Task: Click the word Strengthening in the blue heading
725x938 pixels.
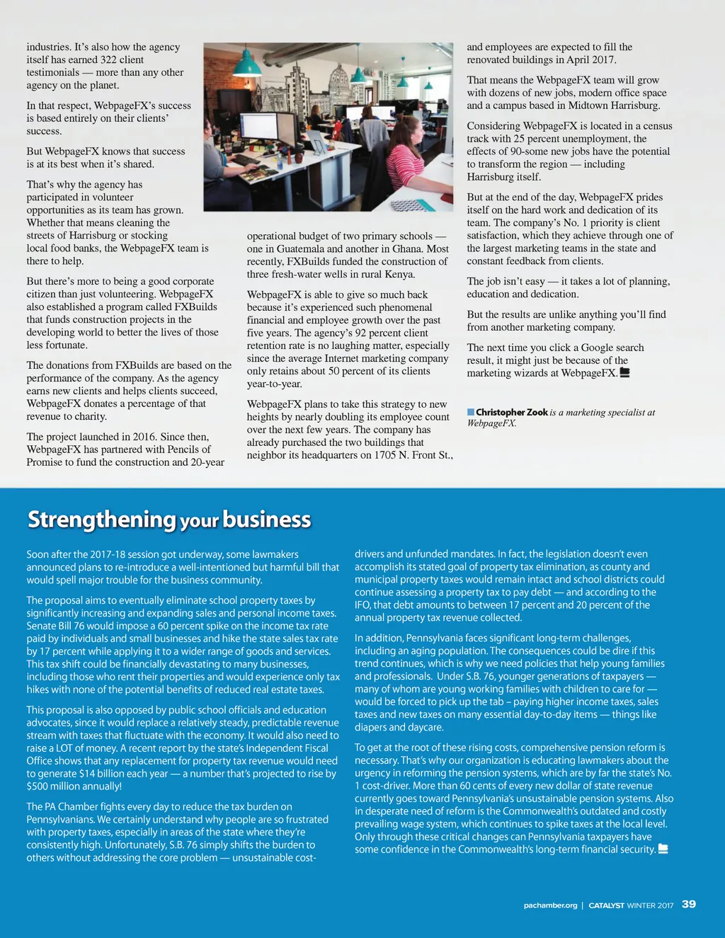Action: click(101, 519)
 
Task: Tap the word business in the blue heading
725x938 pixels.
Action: click(266, 519)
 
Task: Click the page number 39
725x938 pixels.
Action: click(688, 904)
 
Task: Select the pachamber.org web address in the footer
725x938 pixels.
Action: click(550, 905)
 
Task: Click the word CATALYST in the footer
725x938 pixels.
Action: click(606, 905)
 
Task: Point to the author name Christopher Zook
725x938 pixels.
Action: click(512, 412)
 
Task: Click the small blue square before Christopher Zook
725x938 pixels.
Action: click(471, 412)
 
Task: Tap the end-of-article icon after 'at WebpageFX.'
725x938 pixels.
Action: click(624, 372)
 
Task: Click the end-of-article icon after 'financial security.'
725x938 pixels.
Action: click(663, 849)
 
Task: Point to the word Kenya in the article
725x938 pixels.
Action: click(399, 274)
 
